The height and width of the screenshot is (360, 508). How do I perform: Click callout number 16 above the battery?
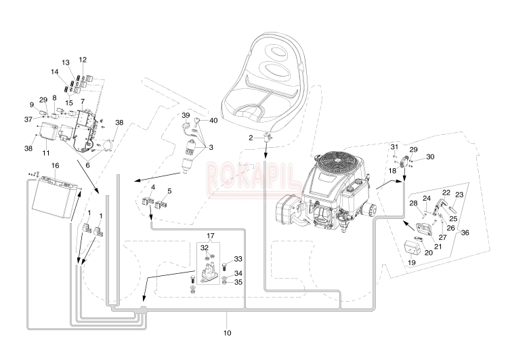(56, 165)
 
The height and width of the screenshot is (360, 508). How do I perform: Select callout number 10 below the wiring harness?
(227, 333)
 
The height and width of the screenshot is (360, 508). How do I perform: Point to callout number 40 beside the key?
(213, 121)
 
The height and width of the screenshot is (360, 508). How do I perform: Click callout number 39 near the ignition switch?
(186, 115)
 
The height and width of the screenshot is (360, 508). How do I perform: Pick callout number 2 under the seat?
(251, 138)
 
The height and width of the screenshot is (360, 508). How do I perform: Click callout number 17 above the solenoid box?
(210, 235)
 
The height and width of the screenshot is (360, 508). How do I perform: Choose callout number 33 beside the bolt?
(238, 259)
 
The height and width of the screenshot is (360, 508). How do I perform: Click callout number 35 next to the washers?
(238, 282)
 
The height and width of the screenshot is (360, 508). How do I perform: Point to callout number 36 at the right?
(465, 233)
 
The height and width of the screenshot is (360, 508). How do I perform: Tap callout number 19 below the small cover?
(411, 262)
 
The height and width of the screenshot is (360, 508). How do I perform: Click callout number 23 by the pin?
(459, 195)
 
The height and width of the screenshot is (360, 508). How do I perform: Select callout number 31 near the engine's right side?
(394, 147)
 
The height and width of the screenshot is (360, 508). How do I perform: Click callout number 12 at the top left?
(83, 60)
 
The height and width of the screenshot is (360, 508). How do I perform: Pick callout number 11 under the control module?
(45, 153)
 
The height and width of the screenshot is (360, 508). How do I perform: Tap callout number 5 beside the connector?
(169, 191)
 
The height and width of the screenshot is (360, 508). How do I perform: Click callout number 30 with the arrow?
(430, 157)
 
